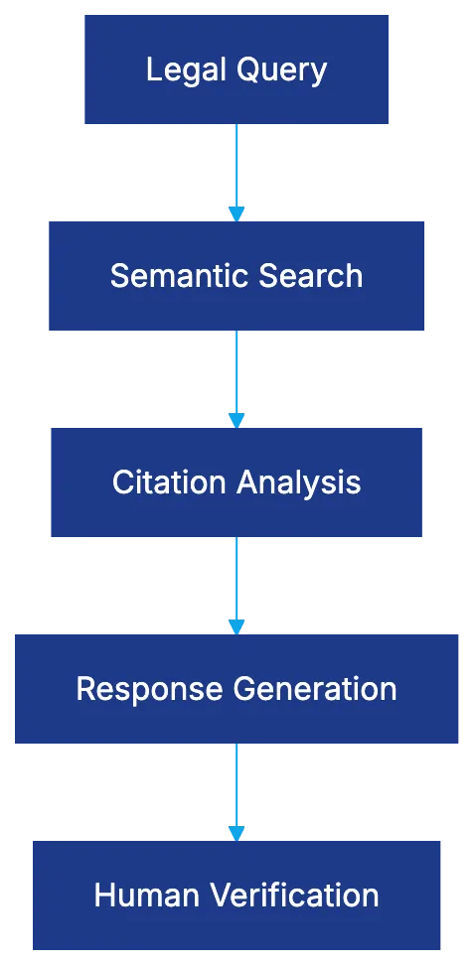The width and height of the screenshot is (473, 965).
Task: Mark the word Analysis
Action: tap(298, 483)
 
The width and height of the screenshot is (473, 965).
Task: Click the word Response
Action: tap(150, 690)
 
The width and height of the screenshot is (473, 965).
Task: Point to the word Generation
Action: tap(315, 689)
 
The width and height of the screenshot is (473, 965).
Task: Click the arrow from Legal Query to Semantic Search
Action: tap(236, 169)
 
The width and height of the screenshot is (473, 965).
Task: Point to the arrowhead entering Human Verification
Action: tap(236, 832)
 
